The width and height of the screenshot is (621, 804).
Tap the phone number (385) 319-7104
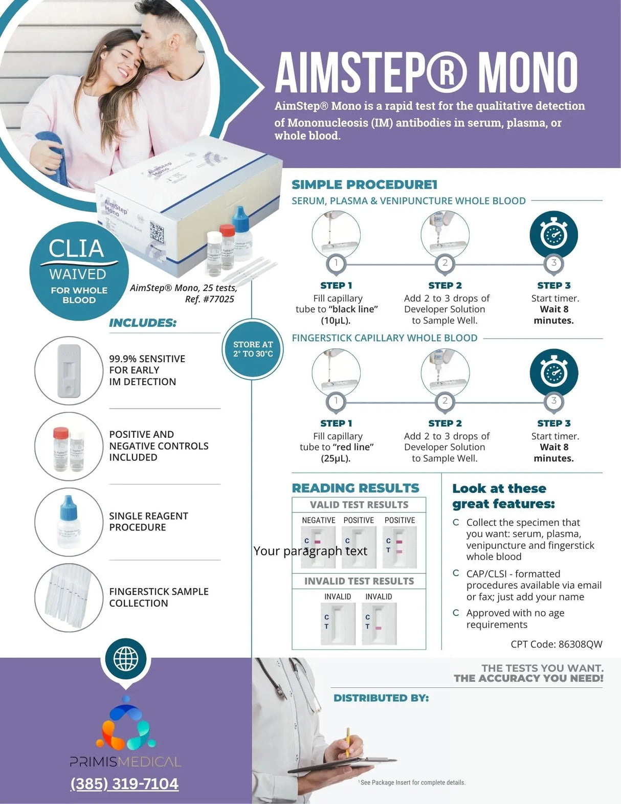click(124, 784)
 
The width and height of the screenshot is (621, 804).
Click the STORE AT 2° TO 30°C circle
click(253, 349)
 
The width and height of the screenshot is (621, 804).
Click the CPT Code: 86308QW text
click(556, 644)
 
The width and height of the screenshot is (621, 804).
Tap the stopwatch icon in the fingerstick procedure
click(553, 372)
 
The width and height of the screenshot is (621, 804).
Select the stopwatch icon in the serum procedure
click(553, 235)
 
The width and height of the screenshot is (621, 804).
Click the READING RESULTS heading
click(356, 488)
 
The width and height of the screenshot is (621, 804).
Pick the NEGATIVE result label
click(318, 520)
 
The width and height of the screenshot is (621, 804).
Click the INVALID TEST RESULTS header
click(359, 581)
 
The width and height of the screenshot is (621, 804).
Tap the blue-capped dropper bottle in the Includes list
click(69, 521)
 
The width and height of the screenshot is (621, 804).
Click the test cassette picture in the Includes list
click(69, 371)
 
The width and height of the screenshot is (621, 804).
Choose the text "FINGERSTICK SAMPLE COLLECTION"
click(159, 597)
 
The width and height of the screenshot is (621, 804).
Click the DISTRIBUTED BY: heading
click(381, 698)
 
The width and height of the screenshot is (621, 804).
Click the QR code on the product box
click(157, 232)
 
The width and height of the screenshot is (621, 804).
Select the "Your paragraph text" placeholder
click(310, 551)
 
